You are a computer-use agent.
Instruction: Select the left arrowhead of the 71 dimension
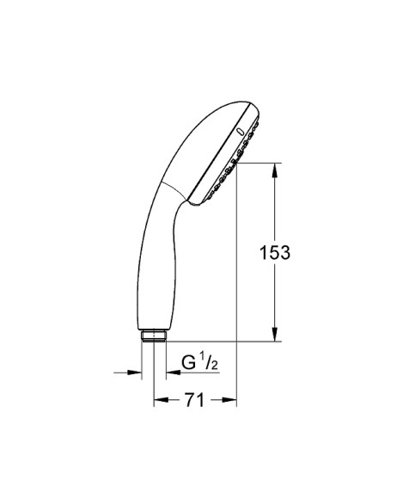[x=159, y=400]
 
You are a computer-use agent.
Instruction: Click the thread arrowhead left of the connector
[x=135, y=373]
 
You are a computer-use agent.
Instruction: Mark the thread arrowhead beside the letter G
[x=159, y=373]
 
